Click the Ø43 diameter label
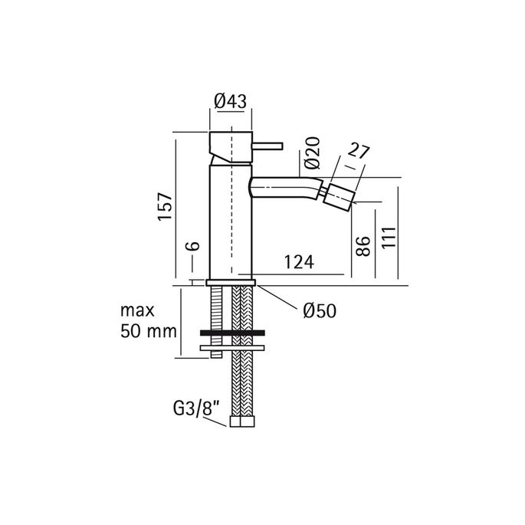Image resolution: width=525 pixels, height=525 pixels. [x=231, y=100]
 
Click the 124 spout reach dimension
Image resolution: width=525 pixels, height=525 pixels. [x=297, y=262]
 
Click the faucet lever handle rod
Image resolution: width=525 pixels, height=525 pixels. [x=267, y=145]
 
